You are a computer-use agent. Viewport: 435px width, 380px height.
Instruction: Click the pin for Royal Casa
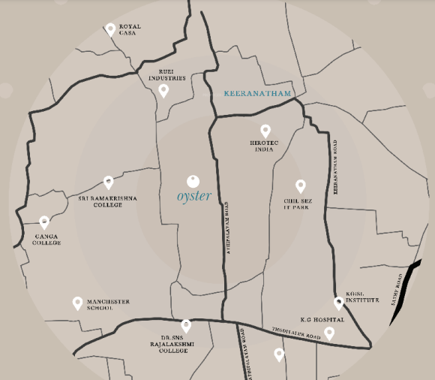point(110,29)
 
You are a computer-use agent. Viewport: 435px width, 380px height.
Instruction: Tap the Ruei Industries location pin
point(163,91)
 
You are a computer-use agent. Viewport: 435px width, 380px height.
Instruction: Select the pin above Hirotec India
point(265,131)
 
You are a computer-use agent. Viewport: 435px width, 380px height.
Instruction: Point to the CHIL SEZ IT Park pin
point(301,185)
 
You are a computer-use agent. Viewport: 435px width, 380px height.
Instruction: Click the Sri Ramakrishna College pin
point(109,182)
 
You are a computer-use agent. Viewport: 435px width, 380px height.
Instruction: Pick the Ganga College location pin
point(44,222)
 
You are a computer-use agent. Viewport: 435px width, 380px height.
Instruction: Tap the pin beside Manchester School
point(77,303)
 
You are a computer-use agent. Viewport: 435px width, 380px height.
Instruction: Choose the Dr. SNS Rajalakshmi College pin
point(186,325)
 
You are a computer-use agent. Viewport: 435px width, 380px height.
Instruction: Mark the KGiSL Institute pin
point(339,303)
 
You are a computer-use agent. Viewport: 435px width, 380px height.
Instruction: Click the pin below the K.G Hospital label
point(329,333)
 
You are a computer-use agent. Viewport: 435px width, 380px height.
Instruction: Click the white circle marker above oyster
point(193,181)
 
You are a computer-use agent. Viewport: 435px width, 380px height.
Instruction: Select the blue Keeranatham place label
point(256,94)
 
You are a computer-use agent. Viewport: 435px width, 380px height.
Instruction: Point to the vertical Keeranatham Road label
point(336,166)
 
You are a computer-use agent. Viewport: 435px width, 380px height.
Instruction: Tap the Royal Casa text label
point(130,30)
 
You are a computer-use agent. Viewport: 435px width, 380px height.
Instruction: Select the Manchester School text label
point(109,305)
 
